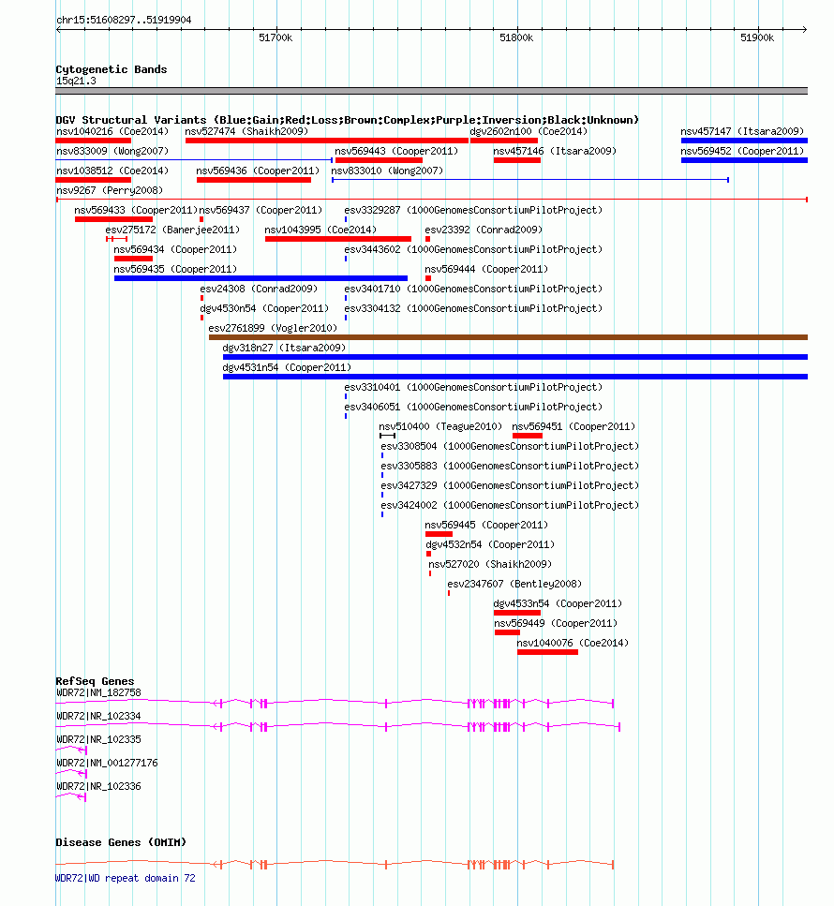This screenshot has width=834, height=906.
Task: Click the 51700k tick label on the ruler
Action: (x=276, y=37)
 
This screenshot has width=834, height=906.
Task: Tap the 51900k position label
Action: (x=757, y=37)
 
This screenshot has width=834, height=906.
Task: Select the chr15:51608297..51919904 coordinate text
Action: (x=124, y=20)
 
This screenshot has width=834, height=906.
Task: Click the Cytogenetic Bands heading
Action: (x=112, y=69)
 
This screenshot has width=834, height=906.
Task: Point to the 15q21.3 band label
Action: (x=76, y=81)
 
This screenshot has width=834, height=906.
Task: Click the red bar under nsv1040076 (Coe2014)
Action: (x=547, y=652)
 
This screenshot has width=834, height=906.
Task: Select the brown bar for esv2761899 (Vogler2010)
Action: (x=508, y=337)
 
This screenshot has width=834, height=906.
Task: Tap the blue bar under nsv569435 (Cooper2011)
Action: (x=261, y=278)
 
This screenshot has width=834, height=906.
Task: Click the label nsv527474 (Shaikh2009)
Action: (x=246, y=131)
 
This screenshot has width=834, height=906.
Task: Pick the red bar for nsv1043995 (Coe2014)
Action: (x=338, y=239)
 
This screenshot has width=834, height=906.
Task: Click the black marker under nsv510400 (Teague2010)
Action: (x=387, y=436)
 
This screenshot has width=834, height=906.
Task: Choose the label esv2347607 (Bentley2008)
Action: (x=514, y=584)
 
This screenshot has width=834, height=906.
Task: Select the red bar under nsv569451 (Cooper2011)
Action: (x=527, y=436)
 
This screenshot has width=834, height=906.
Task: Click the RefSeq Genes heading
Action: (x=95, y=681)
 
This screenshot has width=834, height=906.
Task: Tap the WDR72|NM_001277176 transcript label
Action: (x=107, y=763)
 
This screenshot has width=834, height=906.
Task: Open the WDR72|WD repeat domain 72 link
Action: (x=126, y=878)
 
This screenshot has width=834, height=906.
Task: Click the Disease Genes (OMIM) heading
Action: (x=121, y=842)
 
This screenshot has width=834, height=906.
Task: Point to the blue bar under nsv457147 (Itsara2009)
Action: (x=744, y=141)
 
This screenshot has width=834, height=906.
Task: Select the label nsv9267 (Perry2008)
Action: (x=110, y=190)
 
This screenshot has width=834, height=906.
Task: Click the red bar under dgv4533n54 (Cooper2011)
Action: (x=517, y=613)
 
